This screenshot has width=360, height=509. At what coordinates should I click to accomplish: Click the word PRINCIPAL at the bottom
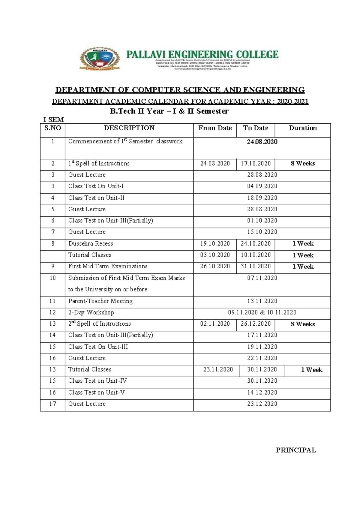pos(296,450)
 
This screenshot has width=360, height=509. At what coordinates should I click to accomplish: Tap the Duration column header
pos(303,128)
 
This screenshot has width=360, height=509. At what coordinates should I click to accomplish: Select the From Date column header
pos(215,128)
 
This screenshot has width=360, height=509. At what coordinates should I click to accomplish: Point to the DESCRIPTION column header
pos(129,128)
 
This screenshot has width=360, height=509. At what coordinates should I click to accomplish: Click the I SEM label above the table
pos(54,120)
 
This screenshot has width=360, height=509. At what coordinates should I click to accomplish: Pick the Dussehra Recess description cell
pos(91,244)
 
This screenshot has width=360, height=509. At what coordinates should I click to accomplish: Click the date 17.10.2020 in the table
pos(256,164)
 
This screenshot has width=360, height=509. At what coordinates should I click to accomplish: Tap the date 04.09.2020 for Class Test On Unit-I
pos(262,186)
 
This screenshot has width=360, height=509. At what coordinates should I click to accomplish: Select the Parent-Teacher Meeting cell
pos(100,301)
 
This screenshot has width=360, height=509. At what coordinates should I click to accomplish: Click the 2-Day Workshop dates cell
pos(262,312)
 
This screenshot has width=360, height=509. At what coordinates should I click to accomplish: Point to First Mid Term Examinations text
pos(108,266)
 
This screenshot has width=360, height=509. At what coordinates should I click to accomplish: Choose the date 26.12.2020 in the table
pos(256,324)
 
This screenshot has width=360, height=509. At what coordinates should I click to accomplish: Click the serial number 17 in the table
pos(52,404)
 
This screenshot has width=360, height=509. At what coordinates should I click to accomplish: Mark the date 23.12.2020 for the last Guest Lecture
pos(262,404)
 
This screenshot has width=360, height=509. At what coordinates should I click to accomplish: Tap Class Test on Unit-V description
pos(96,393)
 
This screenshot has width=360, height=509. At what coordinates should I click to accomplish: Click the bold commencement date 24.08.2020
pos(262,142)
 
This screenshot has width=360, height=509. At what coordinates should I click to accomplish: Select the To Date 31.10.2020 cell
pos(256,267)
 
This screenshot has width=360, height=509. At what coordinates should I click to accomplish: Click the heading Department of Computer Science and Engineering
pos(180,90)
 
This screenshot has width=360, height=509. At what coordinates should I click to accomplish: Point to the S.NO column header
pos(52,128)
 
